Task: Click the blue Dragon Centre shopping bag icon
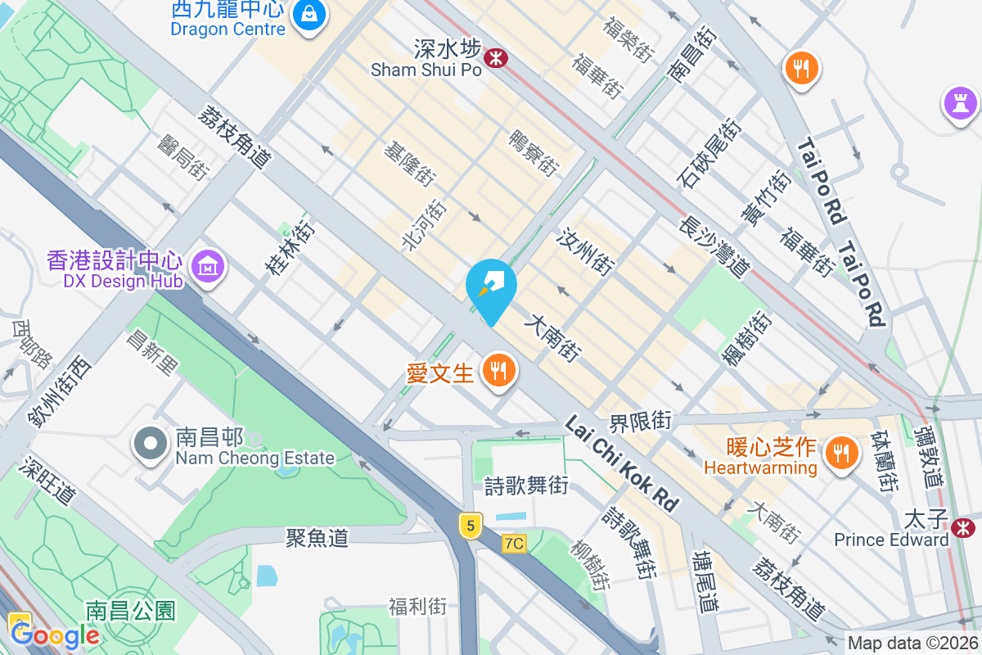310,13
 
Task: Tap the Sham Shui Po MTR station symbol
495,57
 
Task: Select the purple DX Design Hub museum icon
209,266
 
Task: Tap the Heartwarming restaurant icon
840,451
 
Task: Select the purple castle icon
959,103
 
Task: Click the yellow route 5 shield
470,525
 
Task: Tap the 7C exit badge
514,543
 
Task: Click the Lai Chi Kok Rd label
623,463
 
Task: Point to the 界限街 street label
640,422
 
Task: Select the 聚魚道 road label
317,538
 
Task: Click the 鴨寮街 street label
534,153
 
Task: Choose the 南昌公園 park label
130,611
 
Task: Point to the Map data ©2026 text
912,644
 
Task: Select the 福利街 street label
418,607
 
